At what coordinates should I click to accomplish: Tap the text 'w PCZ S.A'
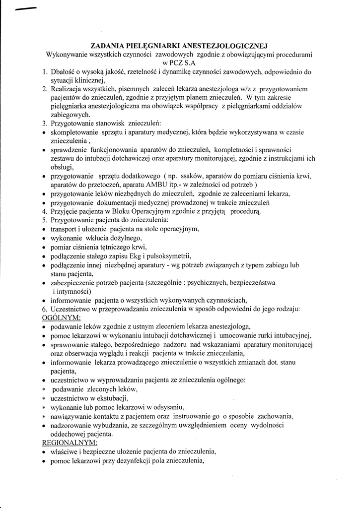click(x=179, y=63)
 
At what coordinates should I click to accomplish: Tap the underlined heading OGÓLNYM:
click(x=61, y=317)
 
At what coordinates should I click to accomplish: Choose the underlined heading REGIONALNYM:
click(x=70, y=442)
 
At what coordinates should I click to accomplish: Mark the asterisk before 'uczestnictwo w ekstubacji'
click(x=44, y=398)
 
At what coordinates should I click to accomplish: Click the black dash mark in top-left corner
click(x=25, y=8)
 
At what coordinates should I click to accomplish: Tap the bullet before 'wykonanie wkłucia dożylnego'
click(x=45, y=239)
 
